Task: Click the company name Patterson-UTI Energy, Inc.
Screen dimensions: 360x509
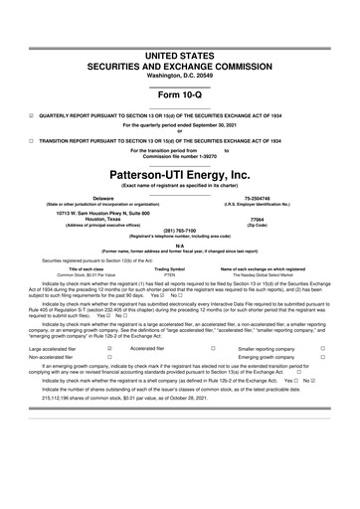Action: pyautogui.click(x=179, y=173)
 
